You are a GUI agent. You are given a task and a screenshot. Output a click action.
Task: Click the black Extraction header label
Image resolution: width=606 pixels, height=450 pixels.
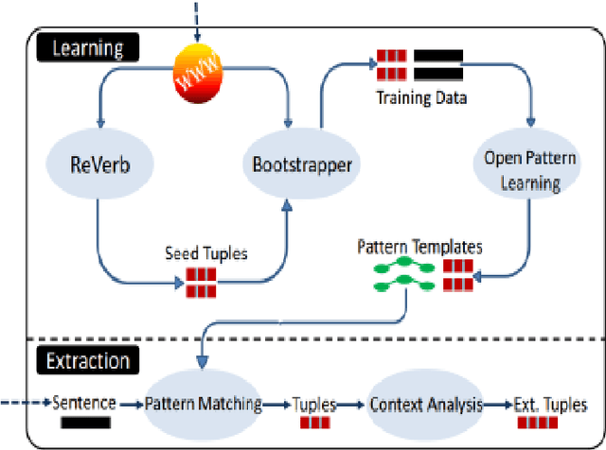click(x=87, y=360)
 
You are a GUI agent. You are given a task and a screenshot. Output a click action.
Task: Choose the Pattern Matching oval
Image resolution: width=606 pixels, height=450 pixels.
click(x=204, y=404)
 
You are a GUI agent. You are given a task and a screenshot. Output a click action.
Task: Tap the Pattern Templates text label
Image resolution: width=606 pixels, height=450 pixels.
click(x=419, y=248)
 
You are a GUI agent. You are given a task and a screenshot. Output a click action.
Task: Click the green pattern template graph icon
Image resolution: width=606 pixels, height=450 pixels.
click(x=401, y=274)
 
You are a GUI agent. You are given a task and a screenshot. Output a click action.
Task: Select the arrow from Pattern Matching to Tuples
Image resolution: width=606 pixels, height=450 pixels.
click(x=276, y=405)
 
